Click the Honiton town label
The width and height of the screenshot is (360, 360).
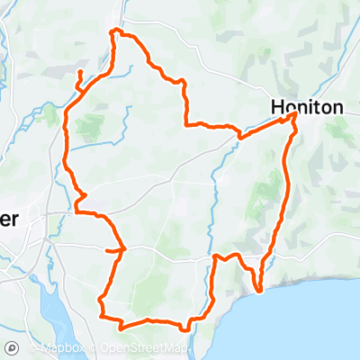click(307, 107)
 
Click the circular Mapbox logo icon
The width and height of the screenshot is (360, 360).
click(12, 348)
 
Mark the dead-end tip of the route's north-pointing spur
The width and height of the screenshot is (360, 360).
click(80, 71)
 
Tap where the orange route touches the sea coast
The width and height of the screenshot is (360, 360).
click(258, 291)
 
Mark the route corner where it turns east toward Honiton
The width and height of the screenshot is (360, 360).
click(185, 124)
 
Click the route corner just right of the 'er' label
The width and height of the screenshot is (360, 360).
click(76, 212)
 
